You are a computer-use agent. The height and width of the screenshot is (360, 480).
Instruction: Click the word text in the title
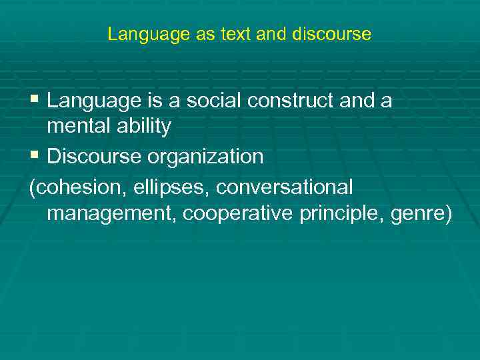point(237,34)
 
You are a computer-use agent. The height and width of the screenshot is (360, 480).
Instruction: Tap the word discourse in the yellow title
point(331,34)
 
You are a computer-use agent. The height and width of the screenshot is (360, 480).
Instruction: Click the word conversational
point(285,188)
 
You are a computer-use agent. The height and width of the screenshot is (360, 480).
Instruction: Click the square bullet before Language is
point(35,101)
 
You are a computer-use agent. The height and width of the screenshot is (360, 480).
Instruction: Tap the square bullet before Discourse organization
point(35,156)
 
